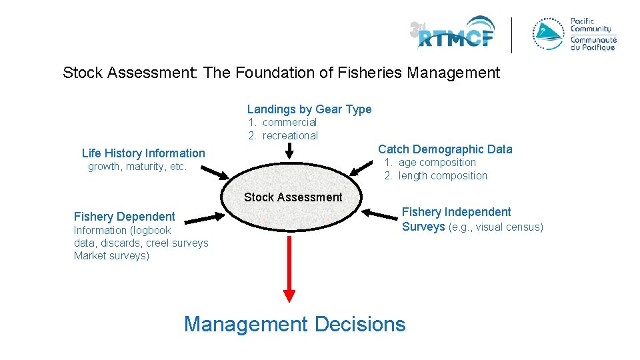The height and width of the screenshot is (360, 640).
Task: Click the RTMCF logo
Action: [x=453, y=33]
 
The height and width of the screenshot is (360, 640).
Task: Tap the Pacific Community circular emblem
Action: [x=548, y=33]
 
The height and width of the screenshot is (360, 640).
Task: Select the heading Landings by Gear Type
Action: [x=309, y=109]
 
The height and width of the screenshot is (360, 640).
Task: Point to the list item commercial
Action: [x=289, y=123]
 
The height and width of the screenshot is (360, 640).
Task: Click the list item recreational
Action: [x=290, y=136]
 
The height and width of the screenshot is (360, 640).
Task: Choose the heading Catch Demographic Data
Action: [x=445, y=149]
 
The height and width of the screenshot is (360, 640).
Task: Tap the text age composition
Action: [x=437, y=163]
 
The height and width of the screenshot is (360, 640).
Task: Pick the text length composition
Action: [x=443, y=176]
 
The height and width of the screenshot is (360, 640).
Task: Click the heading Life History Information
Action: [x=143, y=153]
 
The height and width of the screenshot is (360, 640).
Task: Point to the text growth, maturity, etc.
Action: [x=137, y=167]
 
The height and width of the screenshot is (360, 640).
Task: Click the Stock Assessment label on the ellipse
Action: [x=293, y=197]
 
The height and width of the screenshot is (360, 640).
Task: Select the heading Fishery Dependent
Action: [x=124, y=217]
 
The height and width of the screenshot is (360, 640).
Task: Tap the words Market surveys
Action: [x=111, y=256]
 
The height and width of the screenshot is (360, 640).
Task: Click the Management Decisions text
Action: [x=294, y=325]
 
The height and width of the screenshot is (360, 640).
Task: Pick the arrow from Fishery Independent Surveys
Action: [x=383, y=215]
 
